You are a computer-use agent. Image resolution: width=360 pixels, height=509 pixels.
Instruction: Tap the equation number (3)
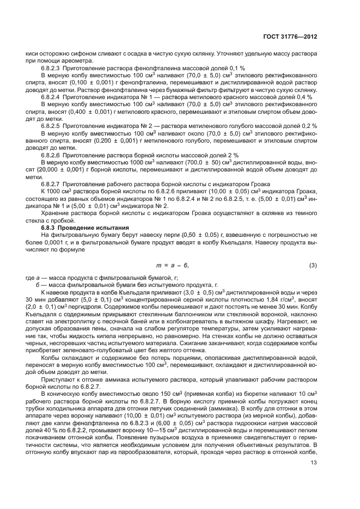coord(313,250)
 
